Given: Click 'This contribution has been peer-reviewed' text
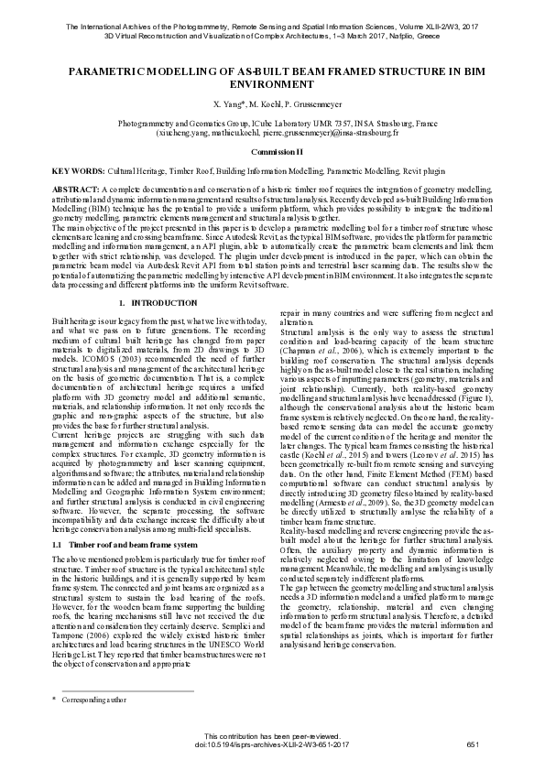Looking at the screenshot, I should (x=271, y=736).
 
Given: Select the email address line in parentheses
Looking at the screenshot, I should (x=271, y=132).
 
